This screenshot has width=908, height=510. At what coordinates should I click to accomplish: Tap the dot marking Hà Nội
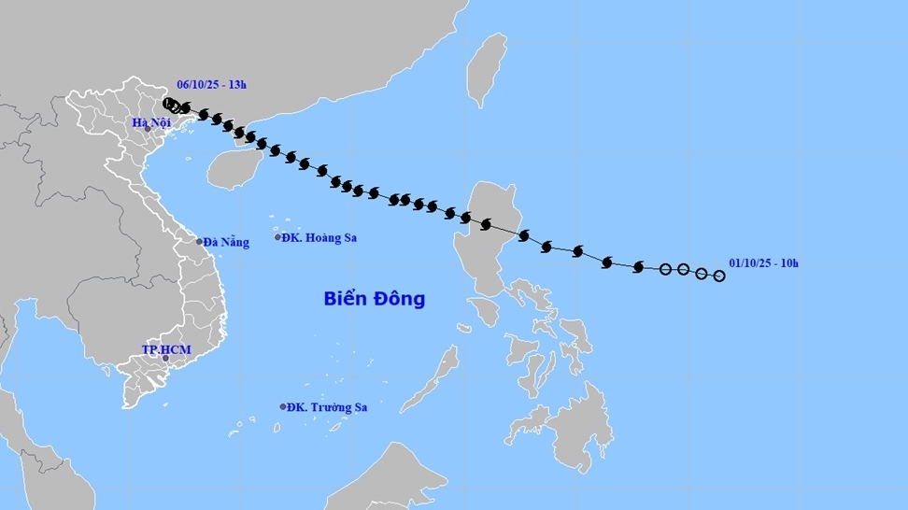pos(148,129)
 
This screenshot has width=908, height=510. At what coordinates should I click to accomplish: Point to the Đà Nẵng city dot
pos(199,242)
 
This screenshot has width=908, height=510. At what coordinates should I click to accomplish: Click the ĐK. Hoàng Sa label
pos(321,237)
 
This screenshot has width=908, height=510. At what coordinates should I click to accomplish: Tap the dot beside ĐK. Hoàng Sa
pos(278,237)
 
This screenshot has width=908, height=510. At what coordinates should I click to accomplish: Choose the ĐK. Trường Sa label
pos(327,407)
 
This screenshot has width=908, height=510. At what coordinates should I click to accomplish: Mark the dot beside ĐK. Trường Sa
pos(283,407)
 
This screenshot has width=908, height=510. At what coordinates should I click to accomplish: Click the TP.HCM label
pos(165,349)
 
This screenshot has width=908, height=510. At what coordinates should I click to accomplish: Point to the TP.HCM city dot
pos(165,358)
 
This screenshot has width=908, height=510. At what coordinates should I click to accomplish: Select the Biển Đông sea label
pos(375,299)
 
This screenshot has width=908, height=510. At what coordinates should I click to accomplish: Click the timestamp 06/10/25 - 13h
pos(212,85)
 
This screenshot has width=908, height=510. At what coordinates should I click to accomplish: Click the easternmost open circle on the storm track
pos(719,276)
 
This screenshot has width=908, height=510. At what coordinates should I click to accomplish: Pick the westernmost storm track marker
pos(167,104)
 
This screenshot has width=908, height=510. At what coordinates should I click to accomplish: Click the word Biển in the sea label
pos(344,299)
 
